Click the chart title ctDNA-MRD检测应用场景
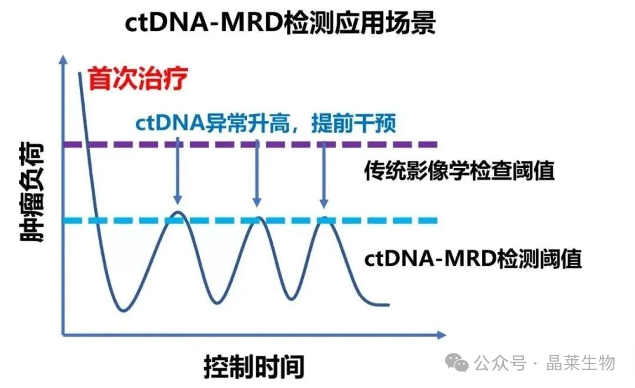pyautogui.click(x=280, y=23)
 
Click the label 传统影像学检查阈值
pyautogui.click(x=459, y=171)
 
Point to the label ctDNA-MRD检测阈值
pyautogui.click(x=473, y=258)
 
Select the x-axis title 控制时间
pyautogui.click(x=254, y=367)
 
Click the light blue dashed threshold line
pyautogui.click(x=400, y=221)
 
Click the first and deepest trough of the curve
pyautogui.click(x=123, y=310)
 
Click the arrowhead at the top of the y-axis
pyautogui.click(x=63, y=58)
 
